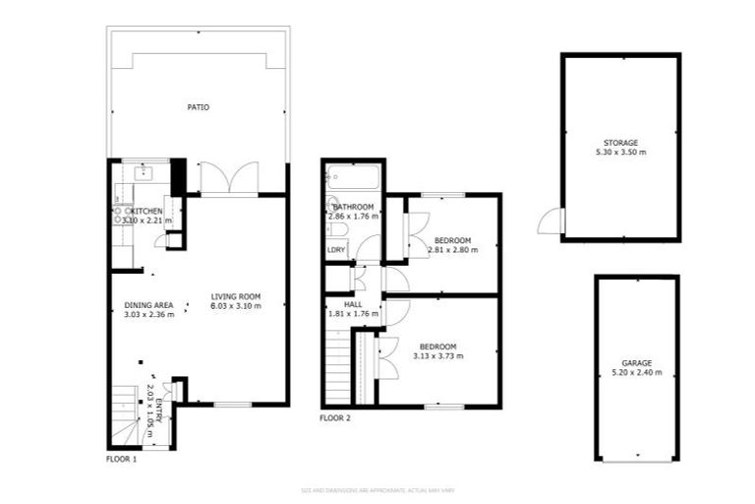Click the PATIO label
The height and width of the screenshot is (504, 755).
(x=199, y=107)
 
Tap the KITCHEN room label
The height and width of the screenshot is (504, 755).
(x=148, y=211)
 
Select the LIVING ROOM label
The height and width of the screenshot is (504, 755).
(x=235, y=296)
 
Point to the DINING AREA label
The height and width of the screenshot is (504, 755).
(x=148, y=305)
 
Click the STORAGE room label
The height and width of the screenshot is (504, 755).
(x=620, y=143)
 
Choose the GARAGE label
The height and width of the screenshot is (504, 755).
(x=636, y=363)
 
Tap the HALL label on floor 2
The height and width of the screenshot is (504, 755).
(x=353, y=305)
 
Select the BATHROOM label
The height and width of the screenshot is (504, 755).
(x=353, y=206)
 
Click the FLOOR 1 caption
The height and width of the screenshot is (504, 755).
(x=121, y=459)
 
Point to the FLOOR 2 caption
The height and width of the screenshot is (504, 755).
(x=335, y=418)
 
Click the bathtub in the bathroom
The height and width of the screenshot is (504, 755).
(x=352, y=177)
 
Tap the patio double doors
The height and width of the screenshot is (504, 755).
(x=229, y=179)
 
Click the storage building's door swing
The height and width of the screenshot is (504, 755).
(x=551, y=222)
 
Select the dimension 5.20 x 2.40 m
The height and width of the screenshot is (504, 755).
(x=636, y=373)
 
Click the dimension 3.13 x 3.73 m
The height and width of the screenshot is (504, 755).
(x=437, y=355)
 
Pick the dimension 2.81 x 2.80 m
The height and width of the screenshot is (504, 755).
(x=452, y=250)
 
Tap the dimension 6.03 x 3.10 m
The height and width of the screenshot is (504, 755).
(x=235, y=306)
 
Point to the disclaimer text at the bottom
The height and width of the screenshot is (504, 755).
(x=377, y=489)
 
